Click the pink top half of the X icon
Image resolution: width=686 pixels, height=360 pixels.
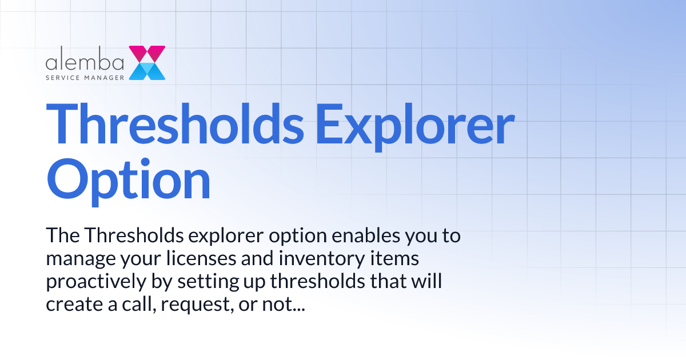147,54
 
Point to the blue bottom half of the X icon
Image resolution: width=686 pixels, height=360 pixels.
147,71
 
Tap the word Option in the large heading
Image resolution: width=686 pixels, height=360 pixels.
128,179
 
